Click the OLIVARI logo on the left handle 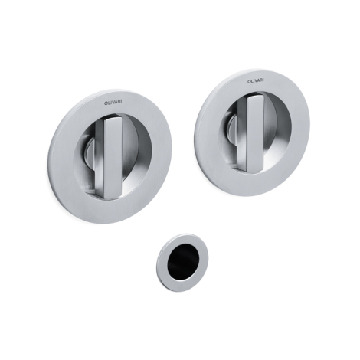[x=113, y=102]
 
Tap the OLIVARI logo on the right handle [x=256, y=80]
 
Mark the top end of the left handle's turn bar [x=113, y=119]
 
